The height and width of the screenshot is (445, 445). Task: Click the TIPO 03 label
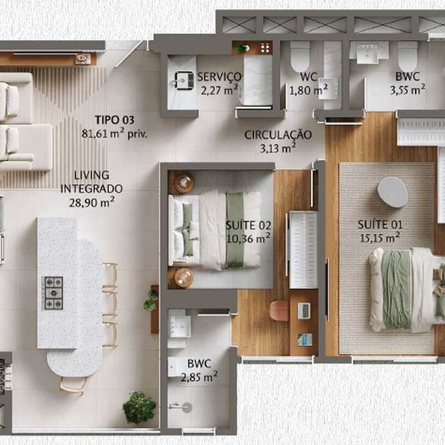(114, 120)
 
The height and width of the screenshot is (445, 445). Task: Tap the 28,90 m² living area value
(92, 202)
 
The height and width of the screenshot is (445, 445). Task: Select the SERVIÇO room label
(219, 77)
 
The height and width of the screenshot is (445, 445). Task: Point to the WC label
(308, 77)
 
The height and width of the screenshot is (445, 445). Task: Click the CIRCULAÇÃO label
(278, 135)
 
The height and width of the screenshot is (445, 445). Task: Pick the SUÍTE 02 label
(248, 226)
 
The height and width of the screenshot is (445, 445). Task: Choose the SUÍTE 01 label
(380, 224)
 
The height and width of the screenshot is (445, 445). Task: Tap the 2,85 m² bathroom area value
(199, 377)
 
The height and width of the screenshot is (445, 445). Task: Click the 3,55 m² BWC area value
(408, 90)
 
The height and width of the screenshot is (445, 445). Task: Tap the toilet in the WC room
(300, 56)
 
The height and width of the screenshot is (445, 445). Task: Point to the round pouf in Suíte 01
(393, 192)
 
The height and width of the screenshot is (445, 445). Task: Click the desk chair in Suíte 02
(280, 310)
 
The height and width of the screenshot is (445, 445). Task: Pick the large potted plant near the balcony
(139, 408)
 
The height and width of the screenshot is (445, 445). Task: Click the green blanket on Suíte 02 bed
(235, 230)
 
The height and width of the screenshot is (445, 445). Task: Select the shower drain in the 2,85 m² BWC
(187, 408)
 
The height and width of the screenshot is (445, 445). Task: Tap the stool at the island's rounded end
(73, 385)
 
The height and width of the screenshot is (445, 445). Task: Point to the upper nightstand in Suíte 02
(184, 183)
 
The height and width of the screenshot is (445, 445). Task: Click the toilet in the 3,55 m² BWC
(408, 56)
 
